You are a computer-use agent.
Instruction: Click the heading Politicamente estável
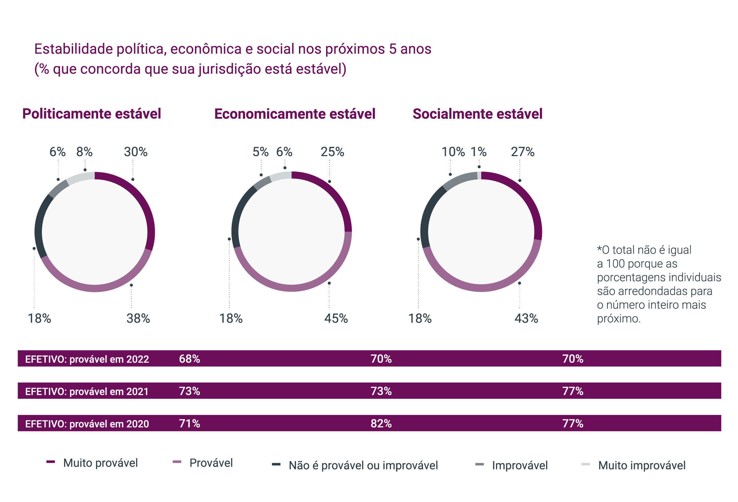92,114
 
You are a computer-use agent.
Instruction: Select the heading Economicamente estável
295,114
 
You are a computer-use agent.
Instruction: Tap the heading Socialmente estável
477,114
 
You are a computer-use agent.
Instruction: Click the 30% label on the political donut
136,152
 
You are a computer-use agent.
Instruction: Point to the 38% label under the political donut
138,318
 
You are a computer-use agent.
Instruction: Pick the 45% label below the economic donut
336,318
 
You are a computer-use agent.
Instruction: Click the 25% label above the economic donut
332,152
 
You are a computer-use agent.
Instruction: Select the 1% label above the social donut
478,152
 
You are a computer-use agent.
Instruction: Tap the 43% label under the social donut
526,318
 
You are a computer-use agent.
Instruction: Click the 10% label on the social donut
453,152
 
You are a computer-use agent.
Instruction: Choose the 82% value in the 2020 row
381,423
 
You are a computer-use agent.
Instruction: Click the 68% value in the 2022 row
189,359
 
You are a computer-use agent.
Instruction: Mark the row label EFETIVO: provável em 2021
87,391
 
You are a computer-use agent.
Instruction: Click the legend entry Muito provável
100,463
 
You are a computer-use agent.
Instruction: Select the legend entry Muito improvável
642,465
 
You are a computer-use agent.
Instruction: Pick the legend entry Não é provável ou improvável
363,465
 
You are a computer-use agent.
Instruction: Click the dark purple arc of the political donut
146,206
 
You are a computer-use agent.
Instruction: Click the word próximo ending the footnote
618,318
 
